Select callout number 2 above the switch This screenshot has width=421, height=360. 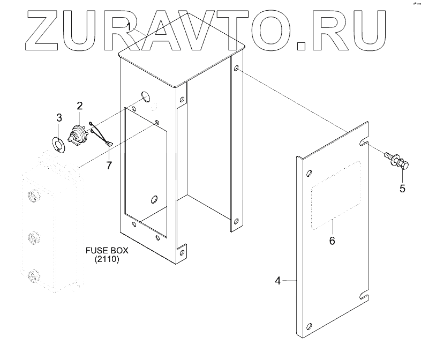coord(79,106)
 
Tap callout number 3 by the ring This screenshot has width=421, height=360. coord(59,117)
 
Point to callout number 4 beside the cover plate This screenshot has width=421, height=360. coord(278,281)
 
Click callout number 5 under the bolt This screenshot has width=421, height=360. coord(402,188)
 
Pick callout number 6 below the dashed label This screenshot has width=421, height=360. coord(332,241)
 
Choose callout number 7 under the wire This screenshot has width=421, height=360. coord(109,165)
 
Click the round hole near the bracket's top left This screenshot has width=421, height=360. coord(146,97)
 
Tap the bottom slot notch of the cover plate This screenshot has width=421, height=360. coord(365,294)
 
